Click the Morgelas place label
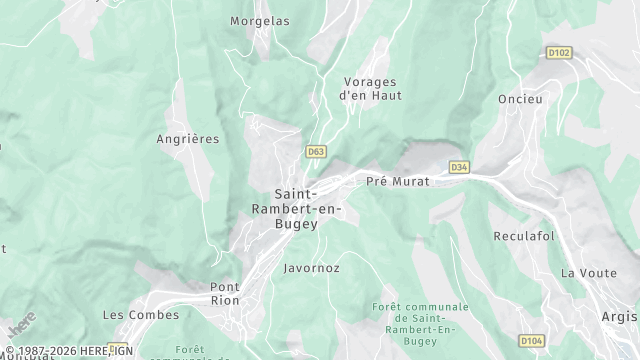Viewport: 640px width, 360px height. tap(259, 21)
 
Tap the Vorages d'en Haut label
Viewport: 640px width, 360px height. tap(369, 89)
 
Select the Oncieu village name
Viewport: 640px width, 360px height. tap(521, 99)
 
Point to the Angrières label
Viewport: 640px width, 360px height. tap(187, 139)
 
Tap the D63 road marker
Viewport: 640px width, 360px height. tap(316, 152)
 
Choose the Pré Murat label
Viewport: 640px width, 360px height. tap(398, 181)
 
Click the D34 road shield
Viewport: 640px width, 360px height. tap(459, 167)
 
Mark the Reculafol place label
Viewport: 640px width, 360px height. tap(523, 237)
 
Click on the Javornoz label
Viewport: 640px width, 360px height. tap(311, 268)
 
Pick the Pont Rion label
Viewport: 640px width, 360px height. tap(224, 293)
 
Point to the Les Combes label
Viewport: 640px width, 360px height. tap(141, 315)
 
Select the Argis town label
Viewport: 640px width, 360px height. tap(620, 316)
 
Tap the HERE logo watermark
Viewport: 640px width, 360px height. tap(21, 326)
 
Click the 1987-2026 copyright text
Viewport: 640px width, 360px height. tap(49, 352)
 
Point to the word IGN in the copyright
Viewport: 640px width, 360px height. tap(122, 352)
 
